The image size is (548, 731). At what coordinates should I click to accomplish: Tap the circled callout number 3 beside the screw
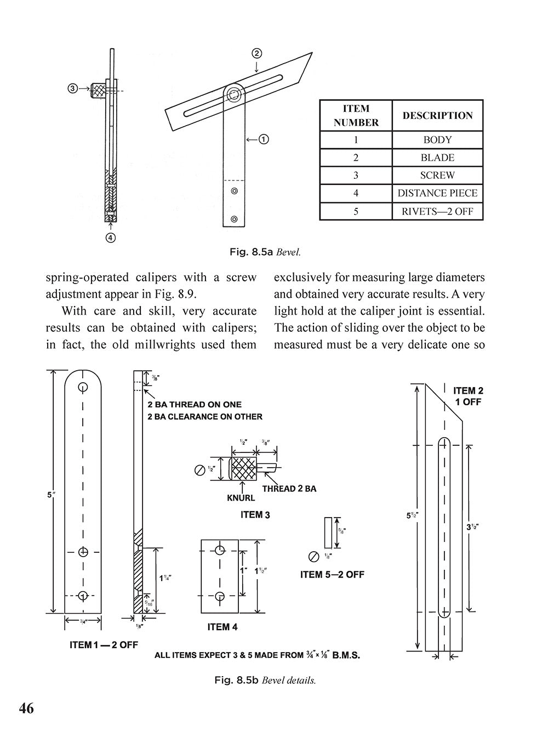(72, 88)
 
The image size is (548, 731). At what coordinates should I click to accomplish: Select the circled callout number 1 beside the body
(264, 139)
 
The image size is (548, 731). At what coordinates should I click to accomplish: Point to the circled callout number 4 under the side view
(111, 237)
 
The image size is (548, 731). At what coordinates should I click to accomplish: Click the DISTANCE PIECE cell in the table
(437, 193)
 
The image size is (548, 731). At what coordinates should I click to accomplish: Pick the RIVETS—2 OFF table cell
(437, 211)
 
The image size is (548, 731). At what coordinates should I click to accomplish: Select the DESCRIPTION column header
(437, 116)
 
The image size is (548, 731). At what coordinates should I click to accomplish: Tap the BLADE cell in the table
(437, 157)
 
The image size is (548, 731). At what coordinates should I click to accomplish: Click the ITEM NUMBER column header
(356, 116)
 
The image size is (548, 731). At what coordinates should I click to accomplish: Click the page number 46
(26, 708)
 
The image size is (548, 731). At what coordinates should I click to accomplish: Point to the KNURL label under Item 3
(241, 498)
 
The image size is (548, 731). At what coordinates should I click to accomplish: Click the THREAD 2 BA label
(289, 488)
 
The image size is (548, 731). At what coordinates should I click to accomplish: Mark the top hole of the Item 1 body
(83, 387)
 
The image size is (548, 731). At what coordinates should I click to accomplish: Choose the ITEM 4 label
(222, 627)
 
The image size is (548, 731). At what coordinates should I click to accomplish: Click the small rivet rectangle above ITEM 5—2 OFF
(328, 532)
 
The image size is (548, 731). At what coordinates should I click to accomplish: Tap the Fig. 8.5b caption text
(265, 681)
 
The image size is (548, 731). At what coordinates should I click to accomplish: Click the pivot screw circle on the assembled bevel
(234, 94)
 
